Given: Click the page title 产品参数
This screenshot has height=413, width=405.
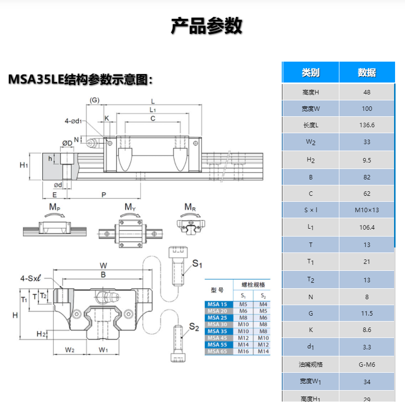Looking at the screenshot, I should tap(206, 26).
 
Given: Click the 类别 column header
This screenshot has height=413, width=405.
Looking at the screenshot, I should tap(311, 73).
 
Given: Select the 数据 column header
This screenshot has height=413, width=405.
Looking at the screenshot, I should tap(367, 73).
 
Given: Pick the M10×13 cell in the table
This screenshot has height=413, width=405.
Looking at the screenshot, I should tap(367, 210).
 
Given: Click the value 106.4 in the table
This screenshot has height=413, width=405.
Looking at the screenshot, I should tap(367, 227).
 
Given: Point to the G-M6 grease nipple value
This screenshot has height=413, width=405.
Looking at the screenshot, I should tap(367, 364).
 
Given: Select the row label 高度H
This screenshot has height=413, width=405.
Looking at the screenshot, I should tap(311, 92).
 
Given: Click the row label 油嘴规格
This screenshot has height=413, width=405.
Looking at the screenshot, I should tap(311, 364).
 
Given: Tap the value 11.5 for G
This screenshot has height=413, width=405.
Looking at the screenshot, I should tap(367, 313).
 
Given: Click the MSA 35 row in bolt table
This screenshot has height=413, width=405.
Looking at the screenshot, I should tap(217, 331).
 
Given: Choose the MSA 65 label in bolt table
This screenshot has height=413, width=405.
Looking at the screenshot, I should tap(217, 351).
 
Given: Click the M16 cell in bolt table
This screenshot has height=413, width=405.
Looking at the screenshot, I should tap(243, 351).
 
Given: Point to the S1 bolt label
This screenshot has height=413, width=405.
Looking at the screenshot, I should tap(198, 263).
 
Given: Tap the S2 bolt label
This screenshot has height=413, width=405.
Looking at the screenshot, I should tap(194, 327).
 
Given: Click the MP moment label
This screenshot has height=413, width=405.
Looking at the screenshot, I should tap(55, 207).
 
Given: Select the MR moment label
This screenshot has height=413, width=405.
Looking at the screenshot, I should tap(190, 207).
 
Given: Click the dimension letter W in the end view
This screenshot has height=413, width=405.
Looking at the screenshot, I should tap(103, 265).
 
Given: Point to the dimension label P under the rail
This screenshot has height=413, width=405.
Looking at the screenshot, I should tap(104, 194).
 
